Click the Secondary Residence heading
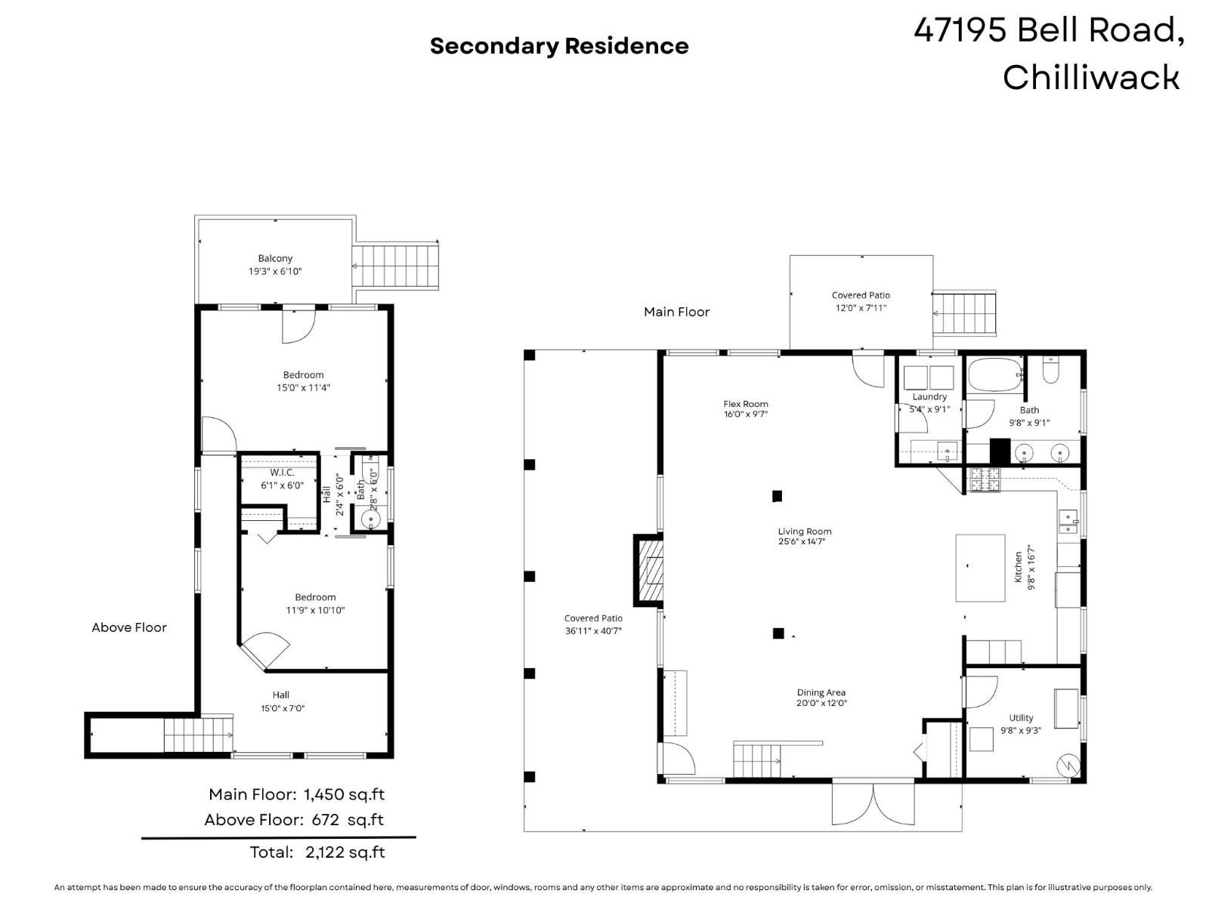tap(559, 46)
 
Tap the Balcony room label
tap(275, 258)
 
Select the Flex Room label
tap(745, 404)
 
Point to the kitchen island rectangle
tap(980, 568)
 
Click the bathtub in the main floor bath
tap(994, 375)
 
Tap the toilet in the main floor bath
tap(1052, 371)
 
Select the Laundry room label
tap(929, 396)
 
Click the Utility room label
tap(1021, 718)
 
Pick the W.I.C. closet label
tap(282, 473)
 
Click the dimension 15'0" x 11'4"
tap(303, 388)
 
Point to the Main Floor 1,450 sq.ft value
tap(344, 794)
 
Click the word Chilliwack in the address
tap(1090, 77)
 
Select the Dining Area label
tap(821, 692)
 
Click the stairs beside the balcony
tap(397, 266)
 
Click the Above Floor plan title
tap(129, 627)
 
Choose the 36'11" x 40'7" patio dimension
tap(593, 630)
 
